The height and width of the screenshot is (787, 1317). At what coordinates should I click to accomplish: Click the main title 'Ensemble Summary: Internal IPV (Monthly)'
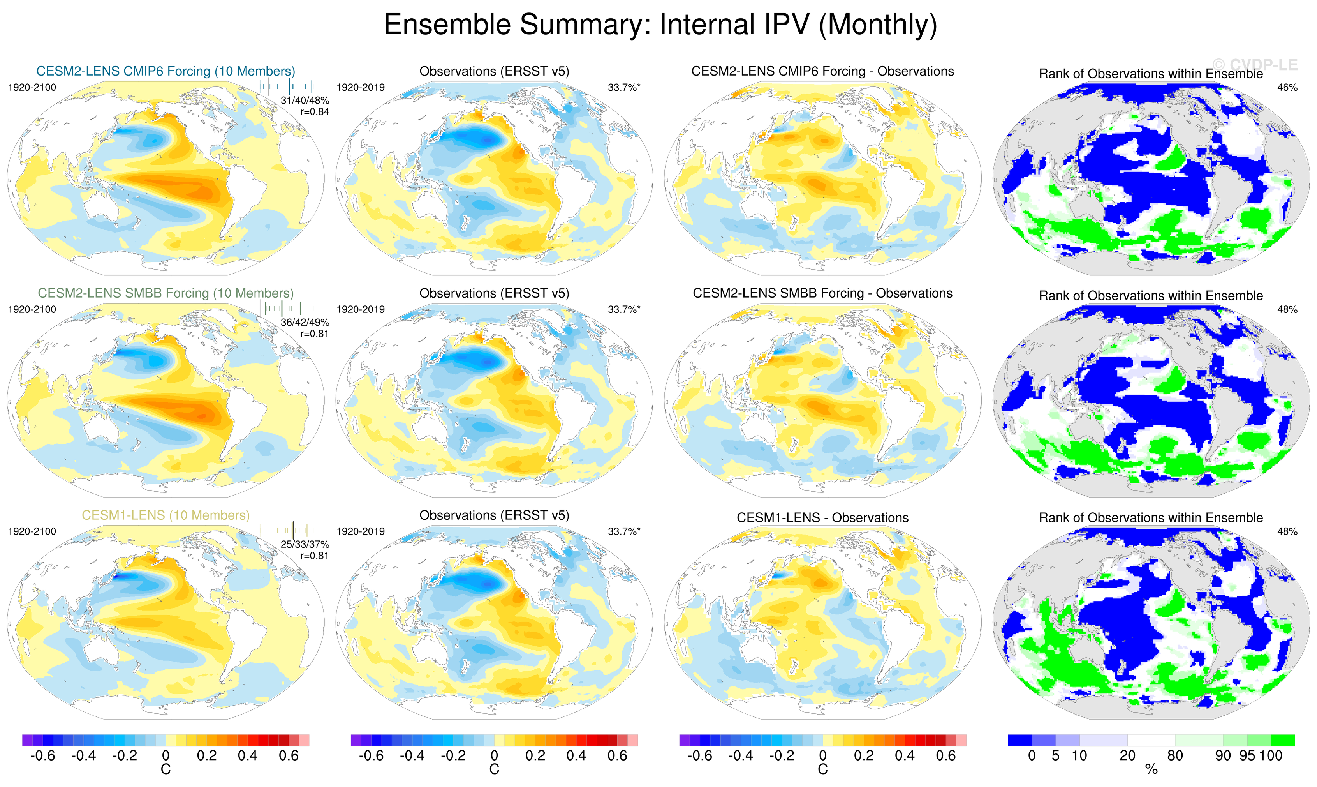(x=660, y=25)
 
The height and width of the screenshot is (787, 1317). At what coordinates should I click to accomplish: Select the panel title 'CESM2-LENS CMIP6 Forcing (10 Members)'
(x=166, y=71)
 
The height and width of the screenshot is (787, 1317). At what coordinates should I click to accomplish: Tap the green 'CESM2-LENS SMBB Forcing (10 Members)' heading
(x=166, y=293)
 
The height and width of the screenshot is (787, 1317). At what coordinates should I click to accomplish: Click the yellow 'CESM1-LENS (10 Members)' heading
(x=166, y=515)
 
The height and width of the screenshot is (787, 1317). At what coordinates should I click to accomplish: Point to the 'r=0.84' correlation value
(x=315, y=112)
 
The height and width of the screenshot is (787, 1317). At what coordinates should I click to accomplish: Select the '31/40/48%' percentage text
(x=305, y=100)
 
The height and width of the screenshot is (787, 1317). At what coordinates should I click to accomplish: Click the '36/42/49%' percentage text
(x=305, y=323)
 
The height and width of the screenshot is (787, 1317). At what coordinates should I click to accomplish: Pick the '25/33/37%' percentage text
(x=305, y=545)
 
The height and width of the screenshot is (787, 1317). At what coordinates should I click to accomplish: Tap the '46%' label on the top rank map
(x=1287, y=88)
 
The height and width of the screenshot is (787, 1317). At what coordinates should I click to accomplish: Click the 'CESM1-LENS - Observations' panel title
(x=822, y=518)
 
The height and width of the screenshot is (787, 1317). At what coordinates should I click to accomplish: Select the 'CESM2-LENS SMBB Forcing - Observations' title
(x=822, y=293)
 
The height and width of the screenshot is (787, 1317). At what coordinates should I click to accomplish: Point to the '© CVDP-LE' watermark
(x=1255, y=65)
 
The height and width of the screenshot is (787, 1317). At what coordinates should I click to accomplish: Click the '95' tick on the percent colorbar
(x=1247, y=756)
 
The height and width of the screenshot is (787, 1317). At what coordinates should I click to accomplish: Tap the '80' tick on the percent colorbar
(x=1175, y=756)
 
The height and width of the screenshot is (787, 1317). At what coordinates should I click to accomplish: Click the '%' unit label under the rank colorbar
(x=1151, y=769)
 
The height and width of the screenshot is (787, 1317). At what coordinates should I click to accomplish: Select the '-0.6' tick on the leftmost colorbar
(x=42, y=756)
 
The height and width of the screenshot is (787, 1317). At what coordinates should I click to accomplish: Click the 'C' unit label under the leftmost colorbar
(x=166, y=769)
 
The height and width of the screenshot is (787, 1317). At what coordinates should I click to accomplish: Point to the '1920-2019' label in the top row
(x=360, y=88)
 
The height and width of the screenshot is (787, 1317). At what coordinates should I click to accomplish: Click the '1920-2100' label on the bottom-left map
(x=32, y=531)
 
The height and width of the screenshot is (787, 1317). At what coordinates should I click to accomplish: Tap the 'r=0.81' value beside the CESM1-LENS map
(x=315, y=556)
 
